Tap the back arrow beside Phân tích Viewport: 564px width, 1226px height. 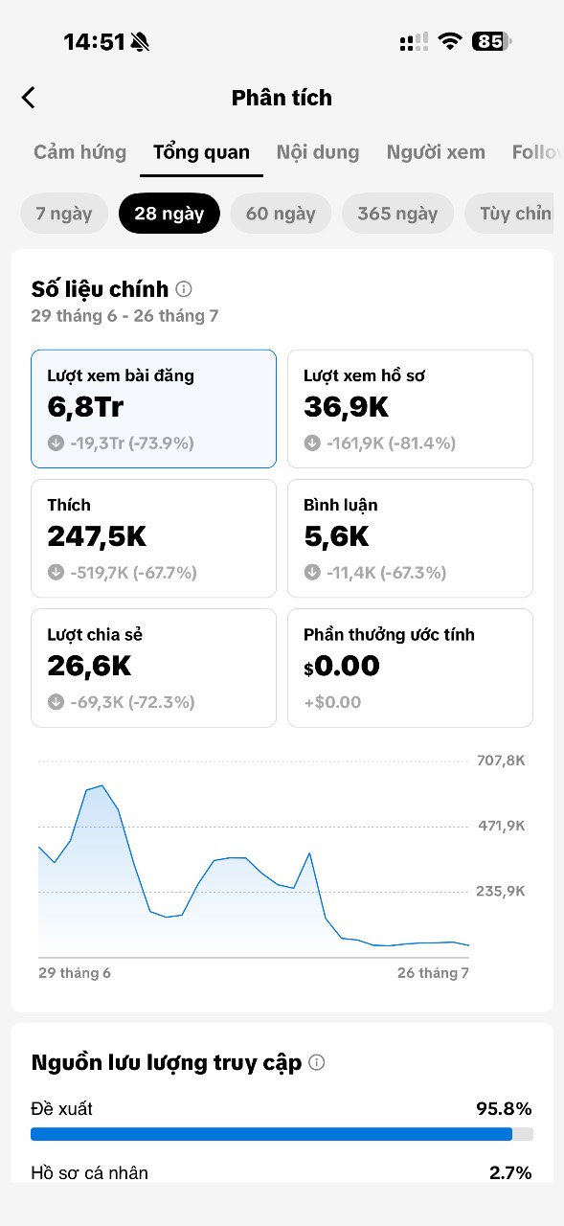tap(29, 98)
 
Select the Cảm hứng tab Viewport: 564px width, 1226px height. tap(79, 152)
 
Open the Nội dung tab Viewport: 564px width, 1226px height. tap(318, 152)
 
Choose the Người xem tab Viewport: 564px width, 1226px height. tap(436, 152)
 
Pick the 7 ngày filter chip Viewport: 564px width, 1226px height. tap(64, 214)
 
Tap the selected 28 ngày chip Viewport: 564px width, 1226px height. tap(169, 214)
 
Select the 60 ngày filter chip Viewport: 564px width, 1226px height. tap(281, 214)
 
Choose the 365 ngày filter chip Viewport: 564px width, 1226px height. tap(397, 214)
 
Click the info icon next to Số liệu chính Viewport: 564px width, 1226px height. tap(184, 288)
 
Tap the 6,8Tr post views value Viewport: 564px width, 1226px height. tap(85, 407)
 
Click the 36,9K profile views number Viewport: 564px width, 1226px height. tap(346, 407)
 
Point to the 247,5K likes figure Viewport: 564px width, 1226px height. tap(97, 536)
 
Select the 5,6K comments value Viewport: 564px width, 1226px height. tap(336, 536)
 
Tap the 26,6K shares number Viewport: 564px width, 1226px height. tap(89, 666)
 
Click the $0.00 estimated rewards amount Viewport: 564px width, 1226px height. tap(341, 666)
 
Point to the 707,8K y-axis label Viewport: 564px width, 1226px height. tap(501, 761)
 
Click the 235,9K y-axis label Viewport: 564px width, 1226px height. tap(501, 891)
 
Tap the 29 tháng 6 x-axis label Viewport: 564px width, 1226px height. tap(75, 972)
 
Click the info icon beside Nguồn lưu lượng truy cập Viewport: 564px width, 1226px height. tap(317, 1062)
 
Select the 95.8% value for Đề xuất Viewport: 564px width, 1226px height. tap(504, 1109)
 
